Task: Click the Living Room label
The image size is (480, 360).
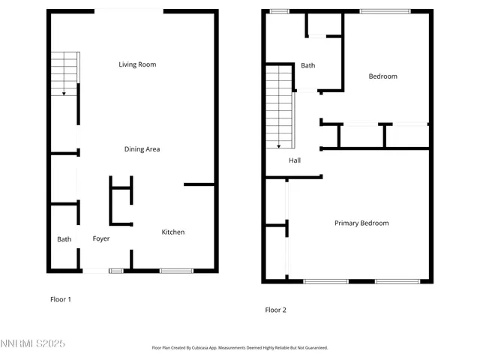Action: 137,64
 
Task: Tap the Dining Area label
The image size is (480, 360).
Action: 142,149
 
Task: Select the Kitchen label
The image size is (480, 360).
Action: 173,232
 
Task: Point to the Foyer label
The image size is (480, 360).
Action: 101,239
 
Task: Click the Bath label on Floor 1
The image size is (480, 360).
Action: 64,240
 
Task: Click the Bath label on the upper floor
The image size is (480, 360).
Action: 308,66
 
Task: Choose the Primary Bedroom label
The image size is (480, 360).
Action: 361,223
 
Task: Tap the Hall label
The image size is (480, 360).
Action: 295,160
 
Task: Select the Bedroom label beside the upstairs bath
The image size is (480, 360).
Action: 382,76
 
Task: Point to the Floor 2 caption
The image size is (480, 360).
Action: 275,310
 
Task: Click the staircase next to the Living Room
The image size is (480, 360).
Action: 64,73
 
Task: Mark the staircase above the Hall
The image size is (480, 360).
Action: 279,105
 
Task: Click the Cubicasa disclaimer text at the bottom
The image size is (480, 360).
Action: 239,348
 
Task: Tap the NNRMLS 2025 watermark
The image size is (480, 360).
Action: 33,343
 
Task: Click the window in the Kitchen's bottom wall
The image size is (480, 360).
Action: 176,270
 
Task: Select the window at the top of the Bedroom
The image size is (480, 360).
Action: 385,10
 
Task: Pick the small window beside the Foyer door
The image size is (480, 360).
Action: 116,270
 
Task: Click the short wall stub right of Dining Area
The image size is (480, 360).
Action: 199,184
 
